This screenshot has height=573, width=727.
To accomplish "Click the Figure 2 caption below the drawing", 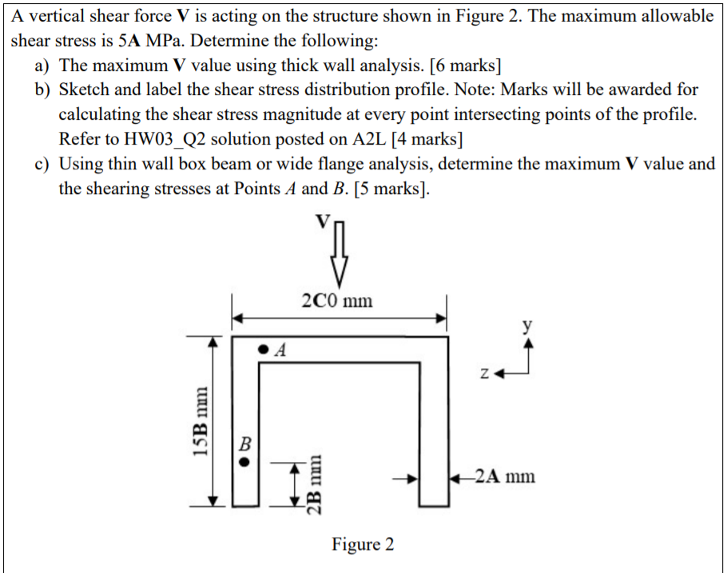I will [x=363, y=545].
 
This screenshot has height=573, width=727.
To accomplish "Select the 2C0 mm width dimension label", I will [x=337, y=301].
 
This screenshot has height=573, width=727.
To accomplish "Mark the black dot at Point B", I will [x=246, y=461].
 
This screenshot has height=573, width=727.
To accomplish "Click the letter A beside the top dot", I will [x=280, y=349].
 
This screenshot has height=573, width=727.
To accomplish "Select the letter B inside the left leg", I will [x=245, y=442].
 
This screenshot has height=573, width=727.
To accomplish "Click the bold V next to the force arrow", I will [x=321, y=223].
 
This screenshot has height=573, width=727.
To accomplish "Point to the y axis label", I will [x=526, y=326].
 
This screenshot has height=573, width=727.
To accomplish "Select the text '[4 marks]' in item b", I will [x=430, y=139].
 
